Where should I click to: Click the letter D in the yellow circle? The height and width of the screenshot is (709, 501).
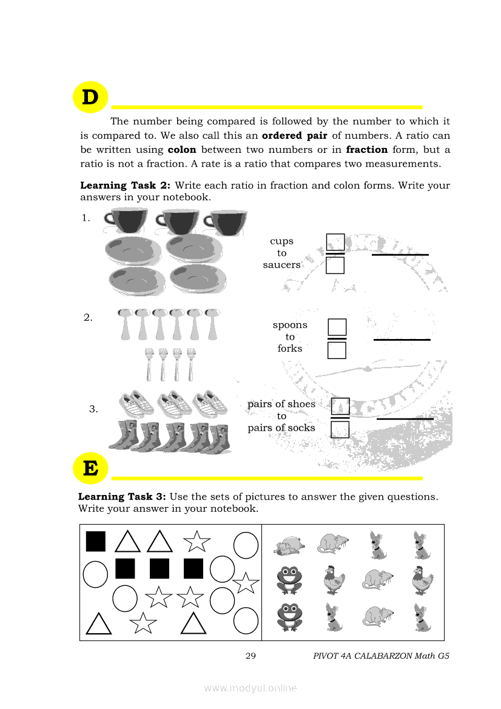pos(90,98)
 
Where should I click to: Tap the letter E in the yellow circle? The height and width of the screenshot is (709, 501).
pos(90,469)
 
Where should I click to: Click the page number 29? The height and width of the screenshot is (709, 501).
pos(250,656)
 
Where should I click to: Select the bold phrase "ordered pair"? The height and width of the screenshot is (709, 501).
pos(294,136)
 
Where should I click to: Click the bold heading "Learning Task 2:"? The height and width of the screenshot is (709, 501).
pos(126,186)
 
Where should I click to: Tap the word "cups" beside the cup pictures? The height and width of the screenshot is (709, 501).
pos(281,241)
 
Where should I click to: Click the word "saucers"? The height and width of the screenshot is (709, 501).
pos(281,265)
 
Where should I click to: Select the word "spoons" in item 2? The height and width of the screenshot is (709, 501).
pos(290,325)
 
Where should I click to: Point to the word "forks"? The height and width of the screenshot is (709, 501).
pos(290,349)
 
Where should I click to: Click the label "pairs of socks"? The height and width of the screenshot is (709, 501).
pos(281,428)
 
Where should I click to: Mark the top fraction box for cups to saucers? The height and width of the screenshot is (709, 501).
pos(335,243)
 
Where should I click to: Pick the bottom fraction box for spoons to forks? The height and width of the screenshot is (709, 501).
pos(337,351)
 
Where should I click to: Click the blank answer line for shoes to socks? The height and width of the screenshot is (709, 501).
pos(405,418)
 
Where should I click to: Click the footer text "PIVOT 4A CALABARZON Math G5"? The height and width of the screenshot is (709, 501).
pos(382,656)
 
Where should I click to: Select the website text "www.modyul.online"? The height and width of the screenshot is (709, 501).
pos(250,688)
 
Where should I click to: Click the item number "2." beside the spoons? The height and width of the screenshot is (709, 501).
pos(88,317)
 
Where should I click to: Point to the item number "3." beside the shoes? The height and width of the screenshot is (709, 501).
pos(93,409)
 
